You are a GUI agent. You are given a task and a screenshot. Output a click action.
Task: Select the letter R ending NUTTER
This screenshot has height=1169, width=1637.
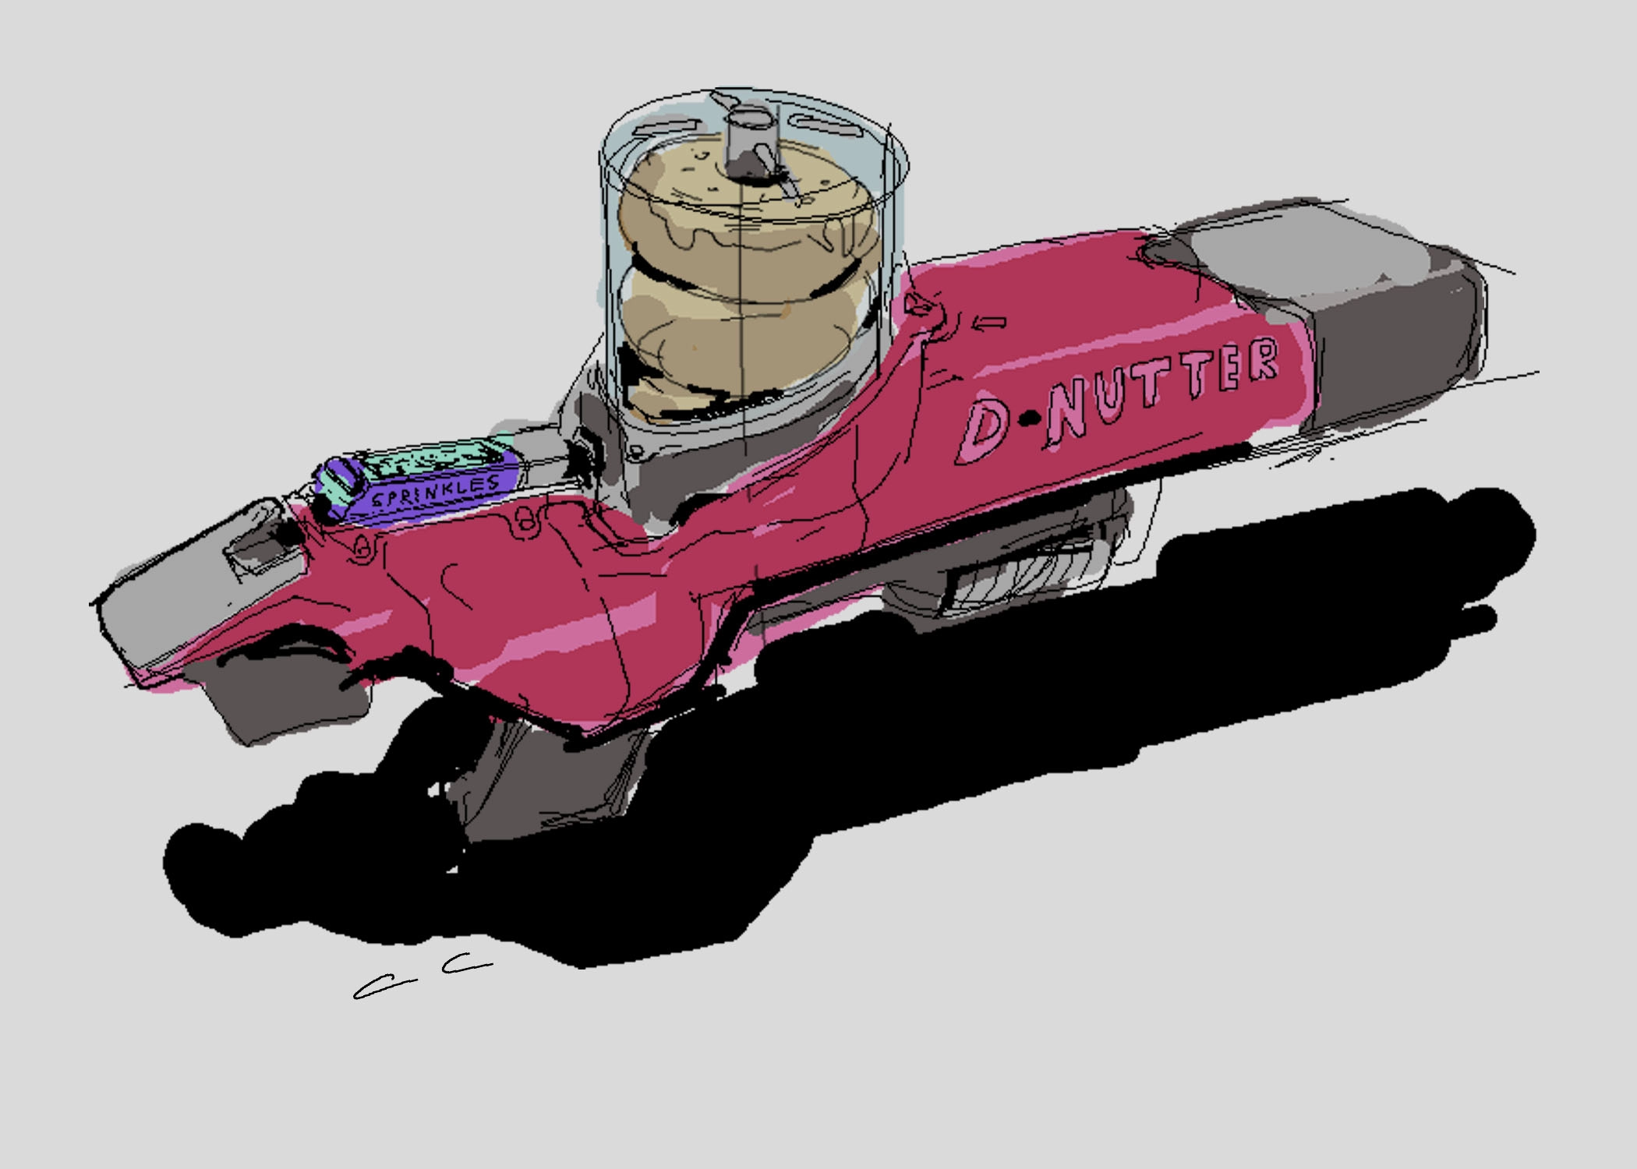[x=1260, y=361]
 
